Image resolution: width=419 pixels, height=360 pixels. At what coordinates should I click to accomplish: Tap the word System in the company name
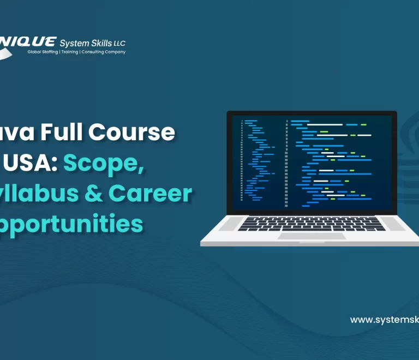(x=73, y=43)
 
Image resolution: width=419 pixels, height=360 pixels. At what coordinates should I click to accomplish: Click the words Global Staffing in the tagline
(x=43, y=52)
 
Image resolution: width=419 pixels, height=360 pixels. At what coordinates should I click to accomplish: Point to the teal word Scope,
(x=104, y=163)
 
